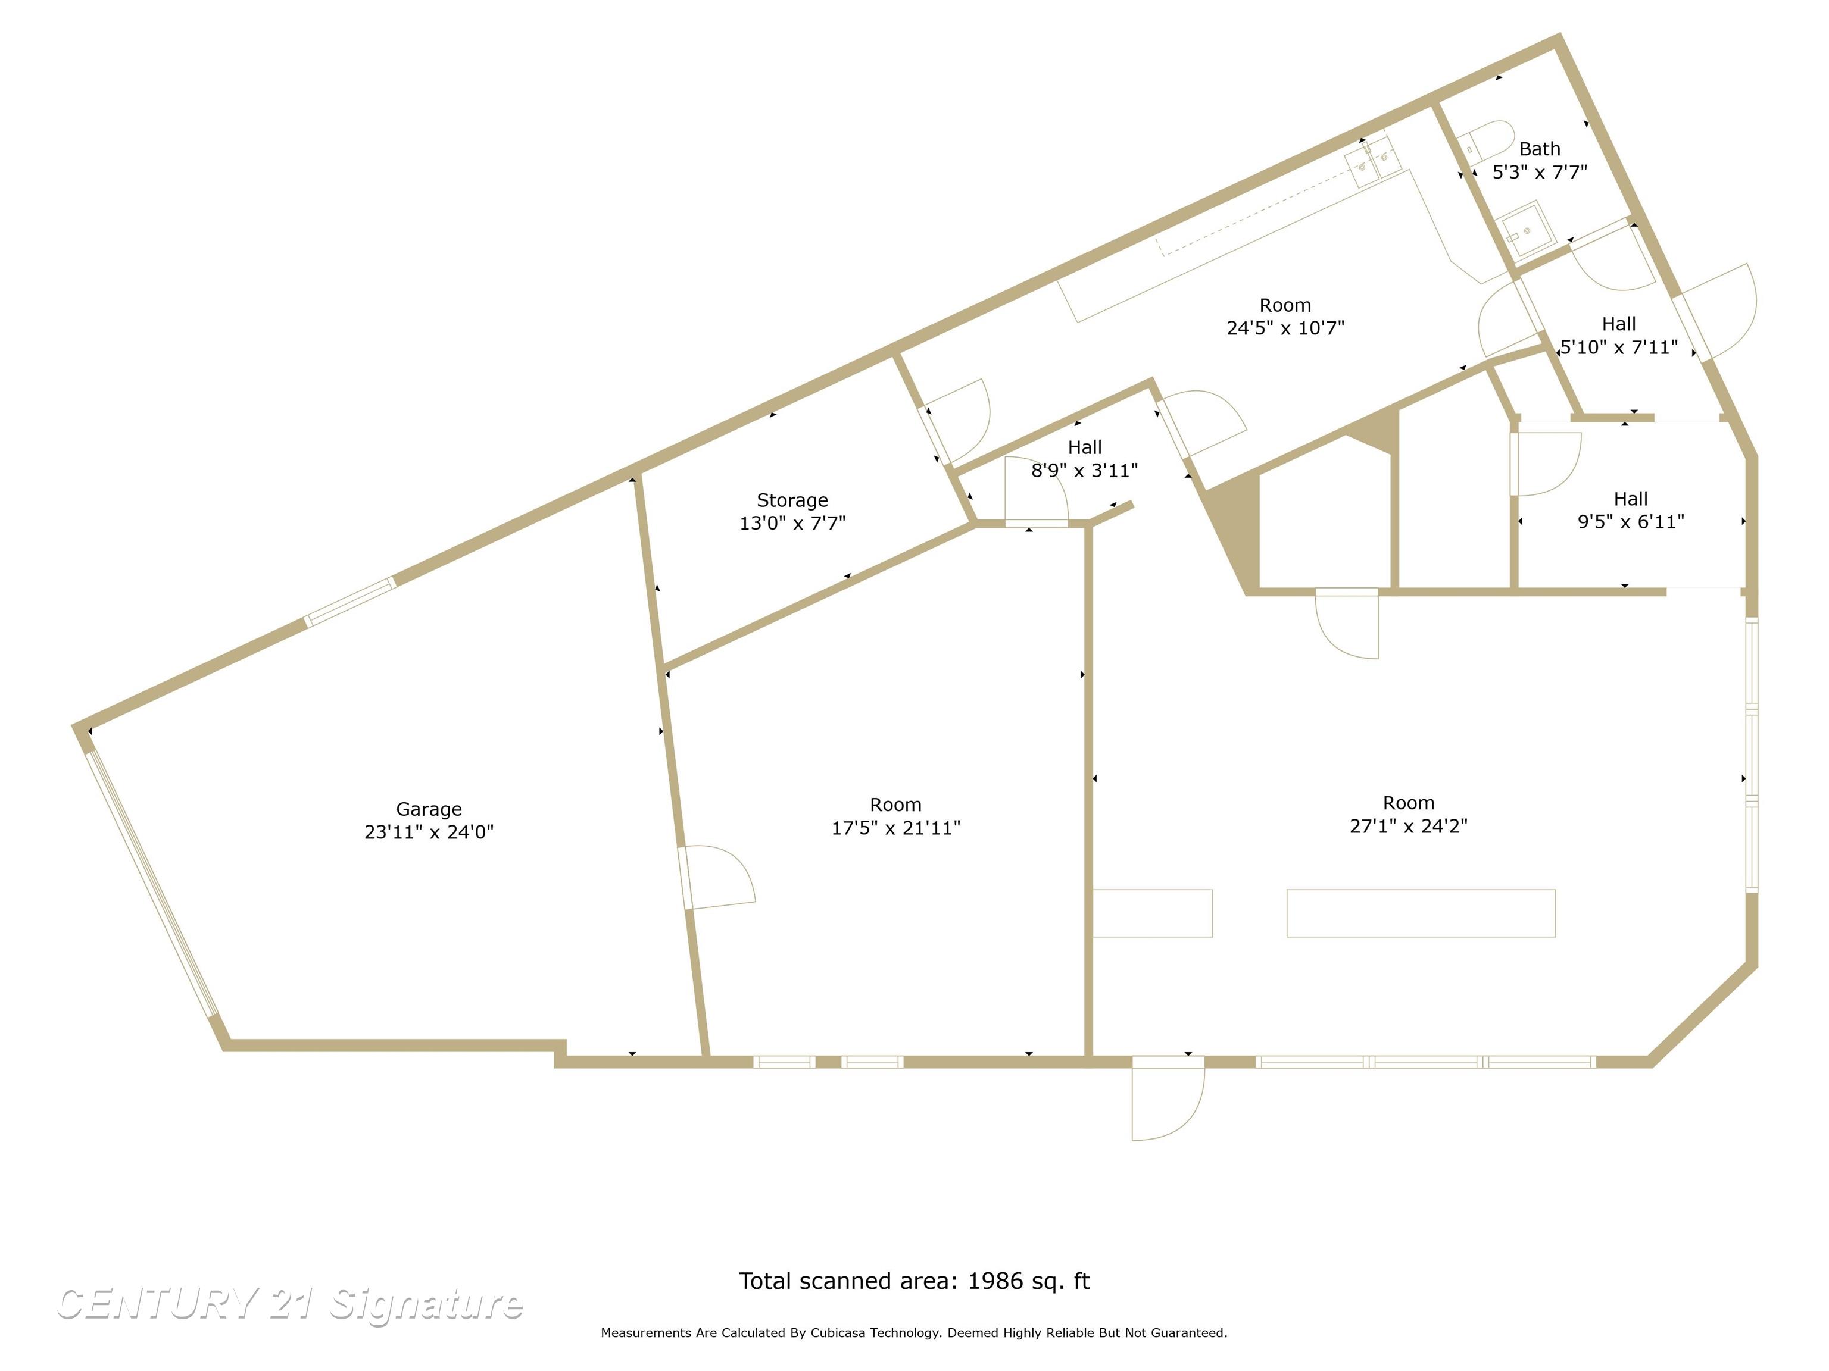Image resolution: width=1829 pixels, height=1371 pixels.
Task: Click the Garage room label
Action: pyautogui.click(x=428, y=809)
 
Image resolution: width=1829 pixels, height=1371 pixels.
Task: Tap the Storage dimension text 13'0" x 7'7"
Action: pyautogui.click(x=792, y=523)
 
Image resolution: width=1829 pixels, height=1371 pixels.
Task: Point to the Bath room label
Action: pyautogui.click(x=1540, y=149)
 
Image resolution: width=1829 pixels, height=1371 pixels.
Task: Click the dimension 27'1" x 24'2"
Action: pyautogui.click(x=1408, y=825)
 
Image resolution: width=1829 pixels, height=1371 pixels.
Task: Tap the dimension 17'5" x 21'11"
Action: pyautogui.click(x=895, y=827)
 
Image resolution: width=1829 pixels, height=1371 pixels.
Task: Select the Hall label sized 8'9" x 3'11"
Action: pyautogui.click(x=1084, y=447)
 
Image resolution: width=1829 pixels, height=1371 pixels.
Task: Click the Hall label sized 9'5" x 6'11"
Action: pyautogui.click(x=1631, y=499)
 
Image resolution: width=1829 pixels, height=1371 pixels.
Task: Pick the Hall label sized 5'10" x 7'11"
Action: pyautogui.click(x=1618, y=324)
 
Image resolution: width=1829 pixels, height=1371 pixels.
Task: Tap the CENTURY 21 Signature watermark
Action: pyautogui.click(x=289, y=1303)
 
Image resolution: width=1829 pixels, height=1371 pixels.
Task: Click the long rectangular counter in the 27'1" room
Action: pyautogui.click(x=1421, y=913)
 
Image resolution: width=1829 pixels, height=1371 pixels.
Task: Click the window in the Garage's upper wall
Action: pyautogui.click(x=351, y=602)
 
